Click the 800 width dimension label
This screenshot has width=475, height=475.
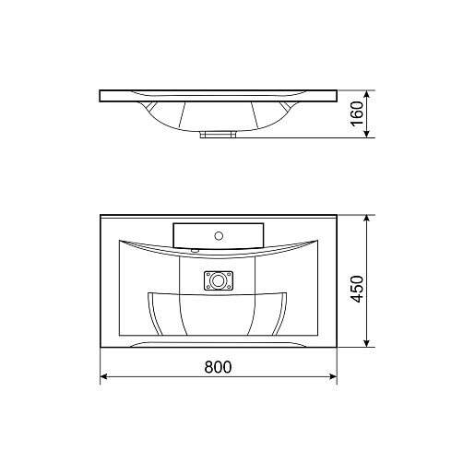coord(218,367)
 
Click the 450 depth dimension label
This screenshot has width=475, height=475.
coord(357,289)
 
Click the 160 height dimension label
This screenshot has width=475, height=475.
coord(357,113)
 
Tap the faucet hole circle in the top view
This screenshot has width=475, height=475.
coord(219,236)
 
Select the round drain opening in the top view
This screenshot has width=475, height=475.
coord(218,280)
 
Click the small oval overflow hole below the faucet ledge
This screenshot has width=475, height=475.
coord(195,251)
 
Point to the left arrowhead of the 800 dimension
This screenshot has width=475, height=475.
coord(104,376)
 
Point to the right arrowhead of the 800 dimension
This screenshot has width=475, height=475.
coord(333,376)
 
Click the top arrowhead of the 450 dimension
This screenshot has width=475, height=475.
coord(366,219)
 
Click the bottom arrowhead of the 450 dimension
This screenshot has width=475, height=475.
coord(366,343)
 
